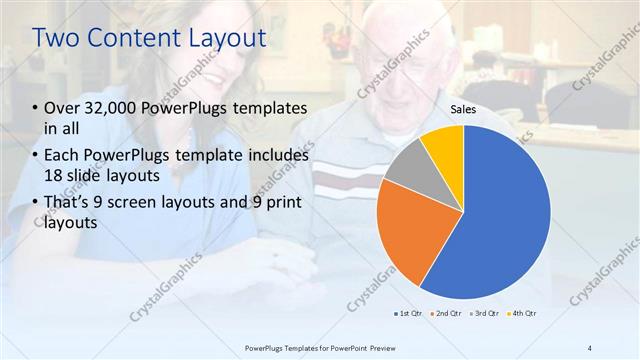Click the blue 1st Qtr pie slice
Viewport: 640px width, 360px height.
(500, 215)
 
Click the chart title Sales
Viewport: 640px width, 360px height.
(462, 109)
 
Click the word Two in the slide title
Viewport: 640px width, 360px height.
(56, 38)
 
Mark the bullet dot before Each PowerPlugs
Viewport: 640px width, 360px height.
(36, 156)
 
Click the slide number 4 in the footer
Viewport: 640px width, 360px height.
(589, 347)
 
